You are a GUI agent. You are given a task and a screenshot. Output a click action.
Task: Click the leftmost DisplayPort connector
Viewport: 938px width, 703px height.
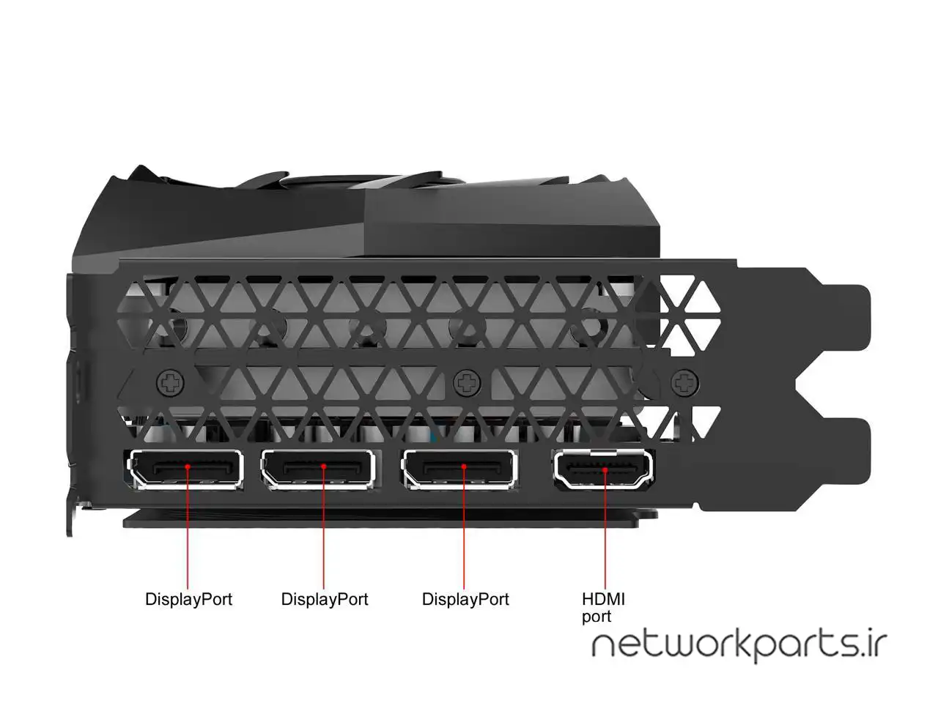point(186,469)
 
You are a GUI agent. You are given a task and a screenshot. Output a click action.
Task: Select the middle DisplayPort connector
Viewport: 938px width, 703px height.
point(318,469)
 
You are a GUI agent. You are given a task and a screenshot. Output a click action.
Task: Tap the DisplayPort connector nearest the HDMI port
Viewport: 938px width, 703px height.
point(459,469)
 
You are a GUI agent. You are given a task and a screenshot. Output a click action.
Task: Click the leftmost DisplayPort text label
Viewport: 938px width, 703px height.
point(188,599)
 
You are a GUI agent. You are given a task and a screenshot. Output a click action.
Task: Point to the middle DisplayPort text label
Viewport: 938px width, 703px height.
point(325,599)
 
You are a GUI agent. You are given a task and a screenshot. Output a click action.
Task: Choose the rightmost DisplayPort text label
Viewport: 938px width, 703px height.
point(465,599)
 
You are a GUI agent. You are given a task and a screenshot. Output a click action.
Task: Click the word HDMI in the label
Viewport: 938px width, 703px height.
point(603,599)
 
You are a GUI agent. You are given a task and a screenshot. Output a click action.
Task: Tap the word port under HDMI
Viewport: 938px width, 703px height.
point(596,617)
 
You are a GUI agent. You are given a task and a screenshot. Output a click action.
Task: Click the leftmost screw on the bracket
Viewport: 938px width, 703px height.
point(171,382)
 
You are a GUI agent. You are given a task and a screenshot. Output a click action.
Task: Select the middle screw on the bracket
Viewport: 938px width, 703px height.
point(466,382)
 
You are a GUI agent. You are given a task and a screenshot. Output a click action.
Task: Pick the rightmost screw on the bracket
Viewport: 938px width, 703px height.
point(684,382)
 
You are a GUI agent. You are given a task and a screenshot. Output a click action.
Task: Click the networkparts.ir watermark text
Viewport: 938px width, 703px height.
point(739,645)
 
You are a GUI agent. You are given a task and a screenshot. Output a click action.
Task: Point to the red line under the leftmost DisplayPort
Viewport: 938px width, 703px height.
point(188,535)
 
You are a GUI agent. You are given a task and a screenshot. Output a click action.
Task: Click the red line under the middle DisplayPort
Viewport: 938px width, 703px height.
point(324,535)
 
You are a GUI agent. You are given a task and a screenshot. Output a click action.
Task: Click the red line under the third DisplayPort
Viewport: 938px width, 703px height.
point(465,535)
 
